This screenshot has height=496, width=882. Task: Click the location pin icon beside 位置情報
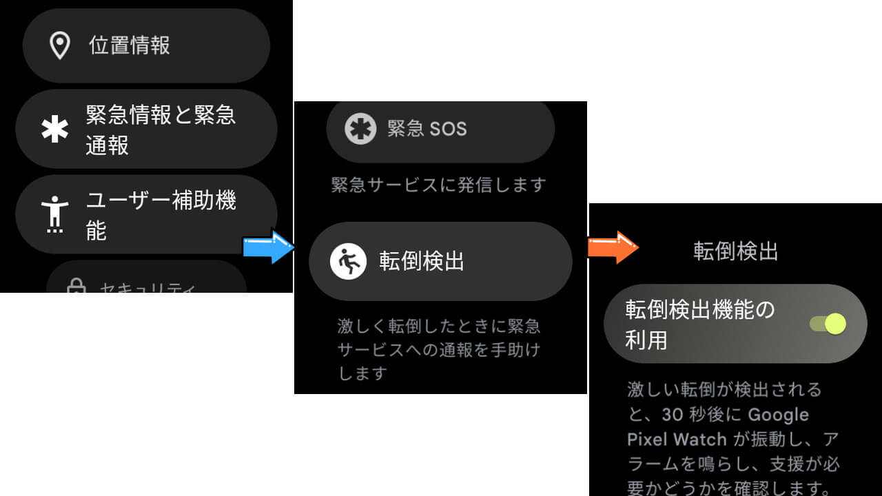61,45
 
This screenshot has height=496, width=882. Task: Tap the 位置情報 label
130,45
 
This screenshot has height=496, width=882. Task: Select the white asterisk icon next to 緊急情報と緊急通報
55,130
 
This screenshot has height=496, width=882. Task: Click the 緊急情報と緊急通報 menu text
161,130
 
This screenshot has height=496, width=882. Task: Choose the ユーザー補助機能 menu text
161,215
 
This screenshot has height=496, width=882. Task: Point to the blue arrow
269,247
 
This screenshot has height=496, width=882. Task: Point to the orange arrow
613,247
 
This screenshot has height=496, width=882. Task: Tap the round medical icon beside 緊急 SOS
360,129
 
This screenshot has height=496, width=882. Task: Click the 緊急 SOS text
427,129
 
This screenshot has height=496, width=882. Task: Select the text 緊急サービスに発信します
439,185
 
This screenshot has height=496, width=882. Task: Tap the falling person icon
348,262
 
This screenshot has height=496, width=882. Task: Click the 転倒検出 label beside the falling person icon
422,262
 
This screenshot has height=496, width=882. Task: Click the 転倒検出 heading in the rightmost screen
735,251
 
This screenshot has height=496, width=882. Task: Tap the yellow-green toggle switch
828,324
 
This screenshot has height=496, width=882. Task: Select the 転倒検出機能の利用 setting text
700,324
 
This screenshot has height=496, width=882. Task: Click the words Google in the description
778,415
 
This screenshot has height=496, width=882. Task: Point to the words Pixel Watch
677,440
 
